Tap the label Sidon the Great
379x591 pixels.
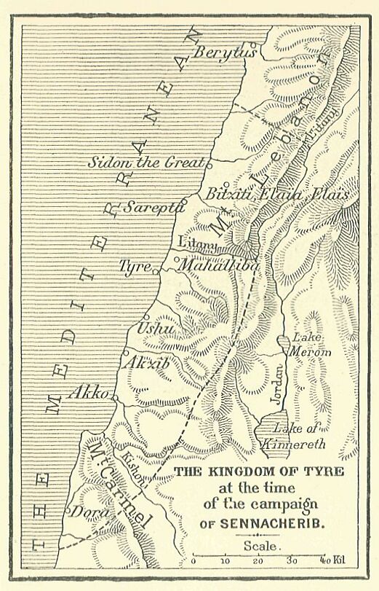[148, 163]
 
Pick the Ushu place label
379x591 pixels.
[156, 329]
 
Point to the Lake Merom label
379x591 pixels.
[311, 345]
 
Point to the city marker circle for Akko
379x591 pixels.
[114, 397]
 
